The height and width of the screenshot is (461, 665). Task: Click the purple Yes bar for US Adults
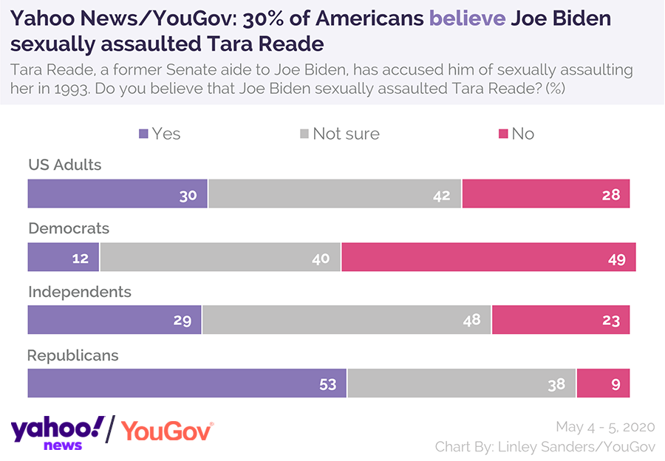[117, 194]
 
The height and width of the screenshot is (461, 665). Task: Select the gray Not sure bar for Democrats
[220, 257]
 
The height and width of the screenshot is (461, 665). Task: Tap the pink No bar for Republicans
[603, 383]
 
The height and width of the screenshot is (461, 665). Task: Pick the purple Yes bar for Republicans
[186, 383]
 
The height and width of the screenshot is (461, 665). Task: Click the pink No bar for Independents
[560, 320]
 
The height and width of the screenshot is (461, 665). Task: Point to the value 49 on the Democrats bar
[617, 259]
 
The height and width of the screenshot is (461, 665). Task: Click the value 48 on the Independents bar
[471, 321]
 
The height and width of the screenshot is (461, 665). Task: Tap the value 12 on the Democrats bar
[81, 259]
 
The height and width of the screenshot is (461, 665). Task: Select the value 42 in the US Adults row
[441, 195]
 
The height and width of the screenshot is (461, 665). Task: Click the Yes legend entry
[160, 134]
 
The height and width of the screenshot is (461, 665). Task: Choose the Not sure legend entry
[339, 134]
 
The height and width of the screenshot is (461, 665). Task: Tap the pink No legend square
[503, 134]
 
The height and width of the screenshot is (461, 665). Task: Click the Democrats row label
[69, 228]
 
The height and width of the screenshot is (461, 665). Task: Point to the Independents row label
[80, 292]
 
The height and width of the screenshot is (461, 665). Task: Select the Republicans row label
[73, 355]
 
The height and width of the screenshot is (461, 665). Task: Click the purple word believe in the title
[467, 18]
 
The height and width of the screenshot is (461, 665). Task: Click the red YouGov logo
[167, 431]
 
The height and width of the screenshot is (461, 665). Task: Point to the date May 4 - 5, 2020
[605, 427]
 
